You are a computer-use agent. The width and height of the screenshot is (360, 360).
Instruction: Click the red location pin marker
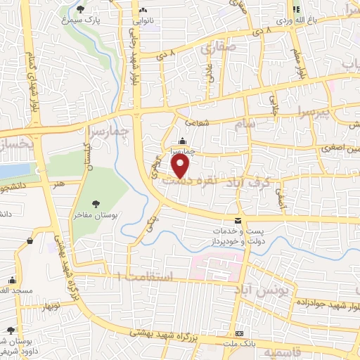click(x=181, y=166)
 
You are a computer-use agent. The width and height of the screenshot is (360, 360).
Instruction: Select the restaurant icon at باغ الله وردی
click(x=296, y=9)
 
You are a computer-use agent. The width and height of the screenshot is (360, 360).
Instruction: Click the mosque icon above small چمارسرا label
click(x=183, y=139)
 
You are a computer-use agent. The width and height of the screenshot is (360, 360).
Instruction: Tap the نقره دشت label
click(x=182, y=181)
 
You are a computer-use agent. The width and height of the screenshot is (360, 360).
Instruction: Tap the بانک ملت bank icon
click(x=239, y=333)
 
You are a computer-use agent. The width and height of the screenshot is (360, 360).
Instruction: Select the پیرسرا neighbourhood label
click(x=310, y=112)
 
